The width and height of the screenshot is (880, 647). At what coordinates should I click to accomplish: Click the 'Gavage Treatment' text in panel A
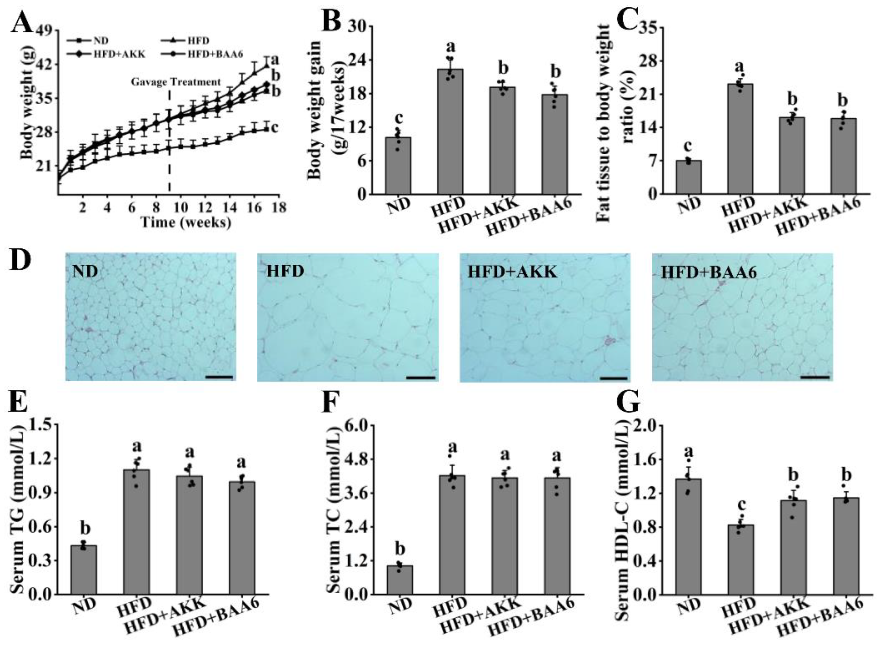[x=175, y=82]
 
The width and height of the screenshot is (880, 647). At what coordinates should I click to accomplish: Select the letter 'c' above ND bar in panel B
[x=399, y=118]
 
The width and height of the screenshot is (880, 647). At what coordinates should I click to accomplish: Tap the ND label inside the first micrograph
[x=85, y=271]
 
